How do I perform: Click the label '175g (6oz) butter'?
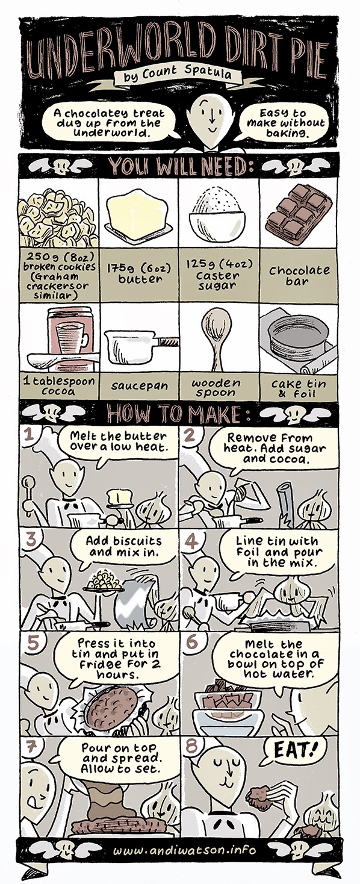[x=139, y=273]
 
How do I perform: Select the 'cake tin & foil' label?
[x=299, y=388]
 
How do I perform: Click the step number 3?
[x=30, y=540]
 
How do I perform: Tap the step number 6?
[x=191, y=641]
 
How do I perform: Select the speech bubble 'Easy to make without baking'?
[x=285, y=123]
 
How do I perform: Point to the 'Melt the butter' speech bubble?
[x=119, y=443]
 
